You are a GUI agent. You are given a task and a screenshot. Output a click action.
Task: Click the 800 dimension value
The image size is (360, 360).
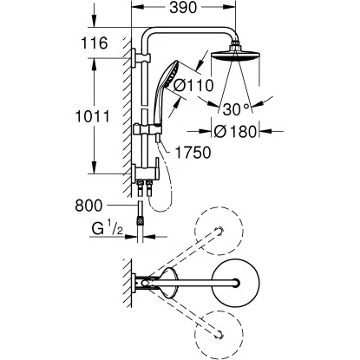tap(96, 206)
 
